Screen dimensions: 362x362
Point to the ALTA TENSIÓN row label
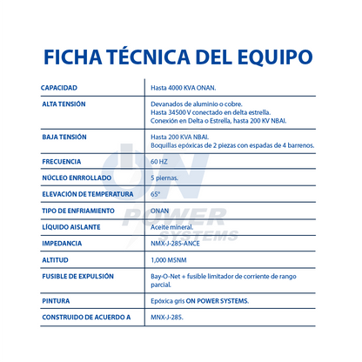click(x=64, y=104)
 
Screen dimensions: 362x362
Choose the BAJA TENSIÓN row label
click(x=64, y=137)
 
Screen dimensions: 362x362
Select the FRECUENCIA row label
click(x=62, y=161)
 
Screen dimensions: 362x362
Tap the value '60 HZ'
click(x=160, y=161)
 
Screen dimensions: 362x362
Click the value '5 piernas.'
click(x=164, y=178)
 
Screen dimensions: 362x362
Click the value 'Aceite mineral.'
click(x=171, y=226)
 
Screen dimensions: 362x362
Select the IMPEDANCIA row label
click(x=62, y=243)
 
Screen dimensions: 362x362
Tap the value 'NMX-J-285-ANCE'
click(x=178, y=243)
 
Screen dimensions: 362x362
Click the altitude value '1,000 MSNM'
click(x=170, y=259)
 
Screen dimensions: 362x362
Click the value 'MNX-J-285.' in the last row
click(x=167, y=317)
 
